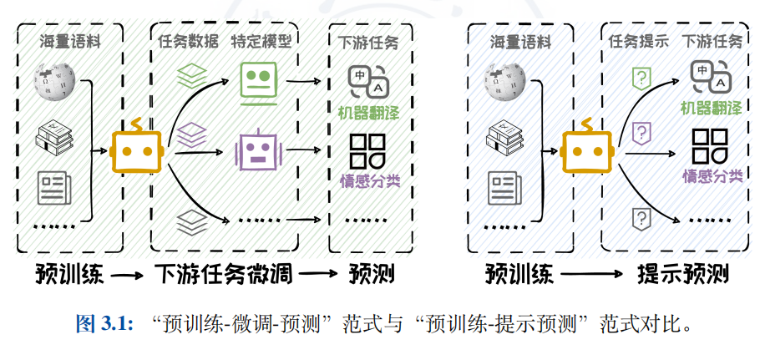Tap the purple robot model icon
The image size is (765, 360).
coord(258,151)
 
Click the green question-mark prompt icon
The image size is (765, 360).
coord(641,79)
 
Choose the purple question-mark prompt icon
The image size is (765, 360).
coord(641,131)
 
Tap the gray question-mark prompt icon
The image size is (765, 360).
coord(641,219)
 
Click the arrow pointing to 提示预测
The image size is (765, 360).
coord(593,274)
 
